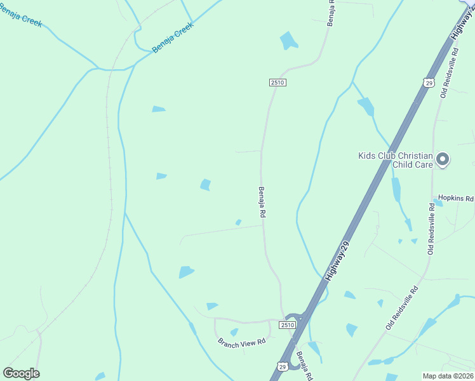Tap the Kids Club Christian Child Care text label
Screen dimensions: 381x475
[395, 160]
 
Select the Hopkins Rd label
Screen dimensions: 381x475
[452, 199]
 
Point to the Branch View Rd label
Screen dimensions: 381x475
[241, 342]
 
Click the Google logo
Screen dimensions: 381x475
[22, 373]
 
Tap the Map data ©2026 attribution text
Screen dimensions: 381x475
[448, 376]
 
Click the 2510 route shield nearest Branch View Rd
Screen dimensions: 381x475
[288, 324]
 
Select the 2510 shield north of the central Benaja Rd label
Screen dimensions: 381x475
[277, 83]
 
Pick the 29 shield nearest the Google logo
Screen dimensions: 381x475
[282, 366]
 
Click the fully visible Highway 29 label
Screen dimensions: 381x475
[337, 261]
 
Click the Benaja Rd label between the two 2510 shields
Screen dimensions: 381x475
[261, 202]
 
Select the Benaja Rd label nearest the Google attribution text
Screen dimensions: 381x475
[304, 366]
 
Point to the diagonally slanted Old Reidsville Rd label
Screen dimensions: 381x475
[402, 308]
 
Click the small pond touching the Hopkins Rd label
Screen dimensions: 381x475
[438, 203]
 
